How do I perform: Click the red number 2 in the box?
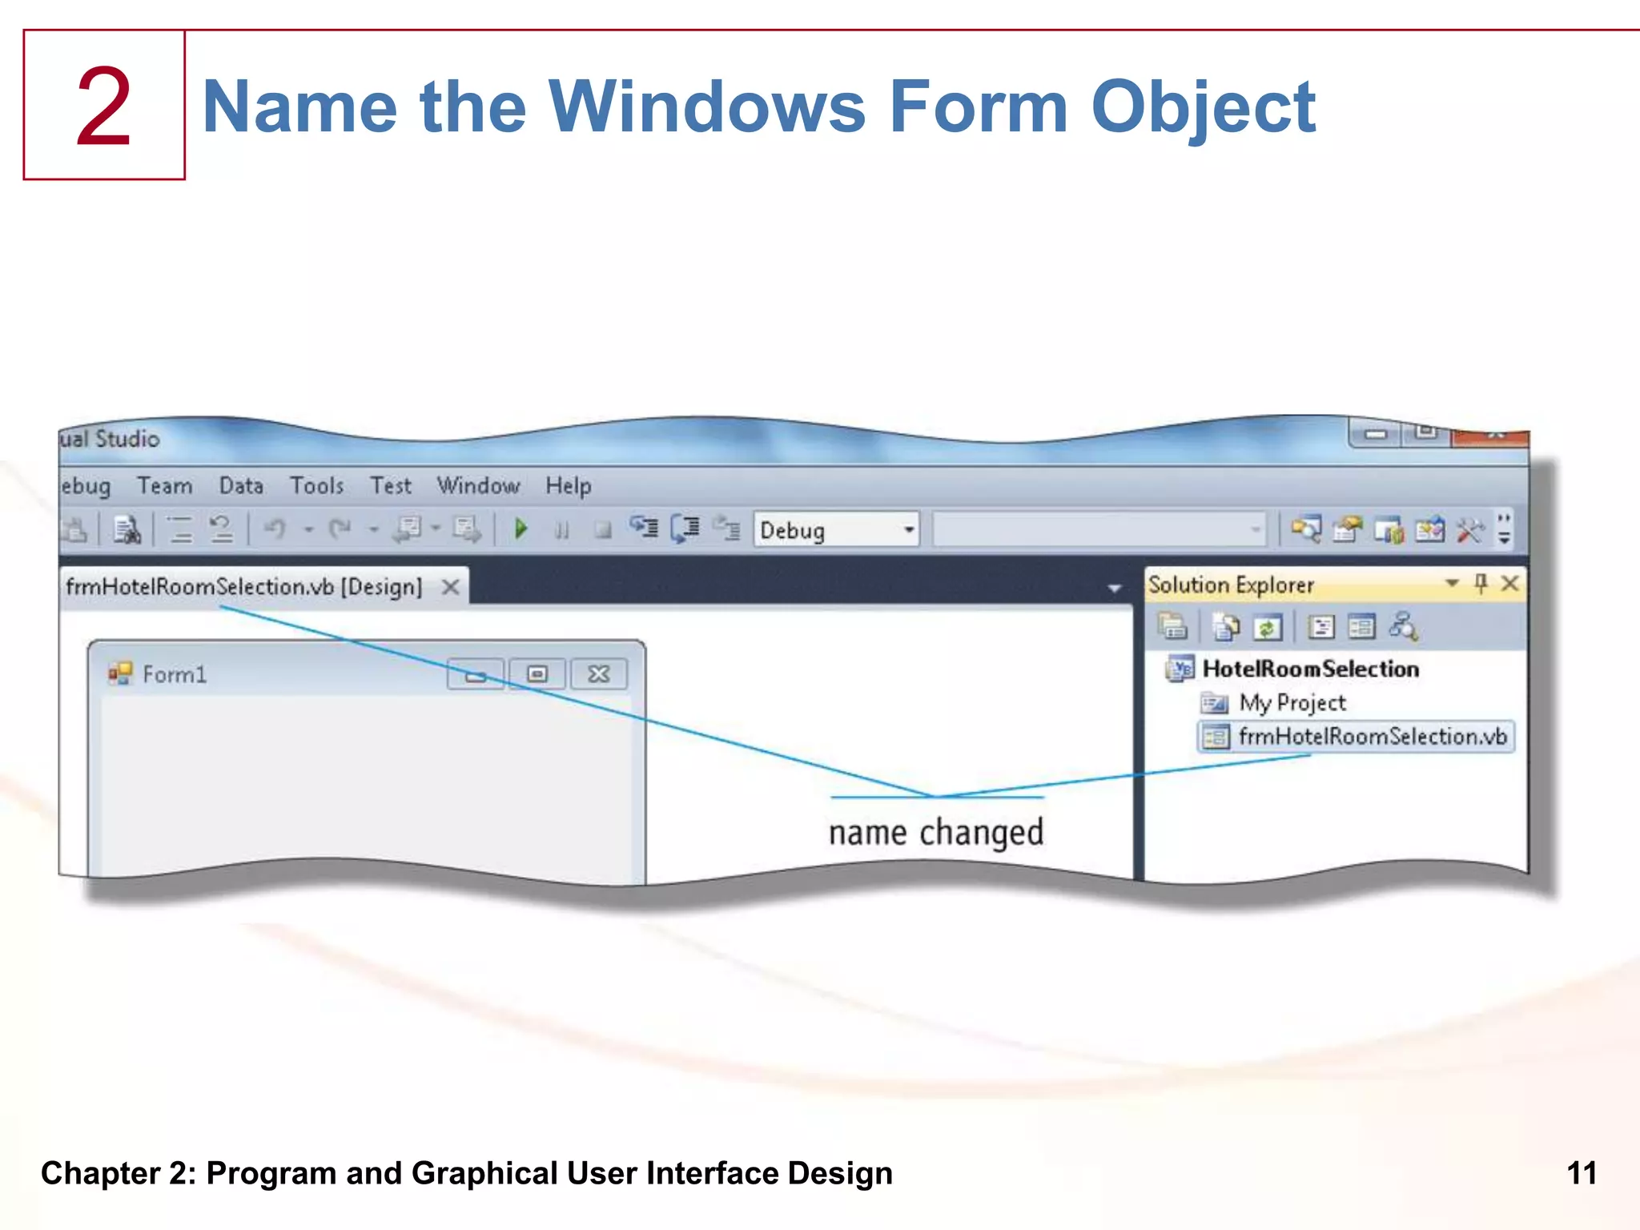[x=104, y=106]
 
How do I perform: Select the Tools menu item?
[x=316, y=485]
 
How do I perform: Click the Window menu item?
[x=478, y=485]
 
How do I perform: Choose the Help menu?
[x=569, y=485]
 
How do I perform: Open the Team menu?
[x=165, y=485]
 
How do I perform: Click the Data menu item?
[x=241, y=485]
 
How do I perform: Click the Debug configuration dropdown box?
[x=836, y=530]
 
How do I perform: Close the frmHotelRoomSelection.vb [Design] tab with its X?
[x=451, y=587]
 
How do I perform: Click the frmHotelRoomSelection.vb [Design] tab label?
[x=243, y=587]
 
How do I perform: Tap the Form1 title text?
[x=175, y=674]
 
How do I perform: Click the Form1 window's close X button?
[x=598, y=674]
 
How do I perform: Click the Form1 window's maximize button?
[x=537, y=674]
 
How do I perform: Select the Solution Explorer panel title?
[x=1231, y=585]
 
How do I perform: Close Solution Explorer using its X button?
[x=1509, y=583]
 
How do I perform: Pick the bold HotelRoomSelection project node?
[x=1310, y=669]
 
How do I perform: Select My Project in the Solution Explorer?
[x=1292, y=703]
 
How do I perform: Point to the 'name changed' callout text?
[x=936, y=833]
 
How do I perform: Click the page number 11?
[x=1582, y=1173]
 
